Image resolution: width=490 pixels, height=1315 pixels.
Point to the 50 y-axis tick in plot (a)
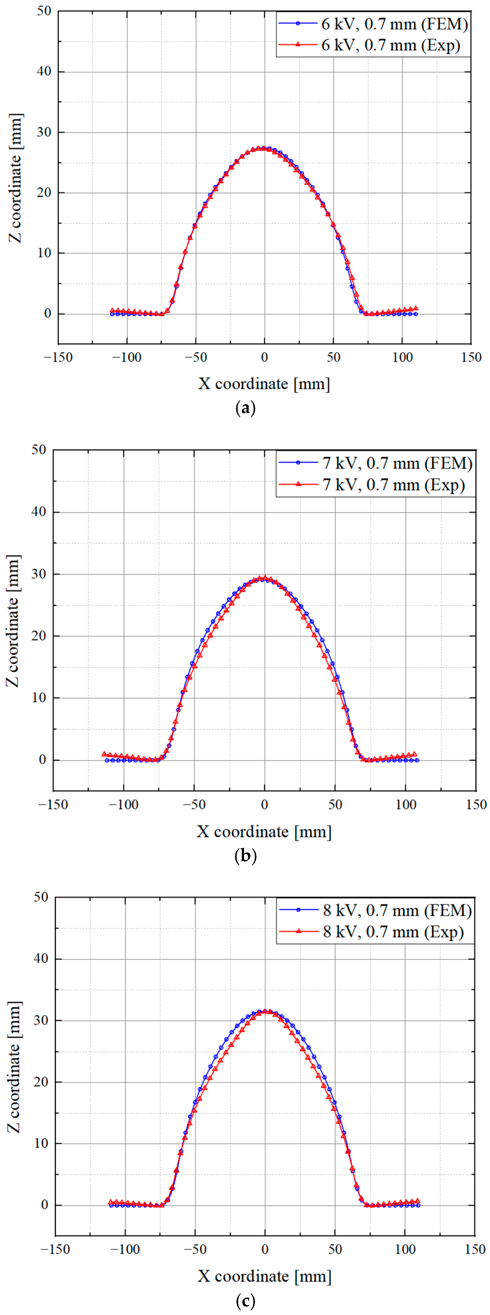44,11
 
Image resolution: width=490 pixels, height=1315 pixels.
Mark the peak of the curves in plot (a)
262,148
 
